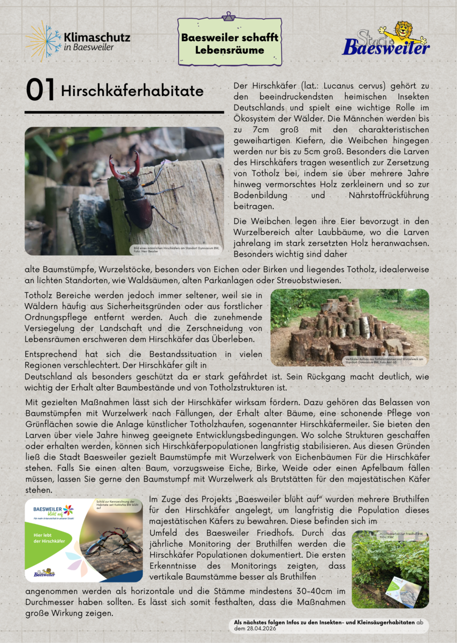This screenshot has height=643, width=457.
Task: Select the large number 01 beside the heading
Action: click(40, 91)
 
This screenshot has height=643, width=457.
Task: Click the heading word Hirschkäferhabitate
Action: click(132, 91)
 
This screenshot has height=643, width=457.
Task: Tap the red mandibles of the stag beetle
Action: click(125, 164)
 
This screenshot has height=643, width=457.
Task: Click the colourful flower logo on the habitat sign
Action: click(68, 510)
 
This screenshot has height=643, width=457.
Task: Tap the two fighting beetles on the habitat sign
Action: click(110, 544)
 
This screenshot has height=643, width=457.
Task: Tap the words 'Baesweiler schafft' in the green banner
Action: click(230, 38)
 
